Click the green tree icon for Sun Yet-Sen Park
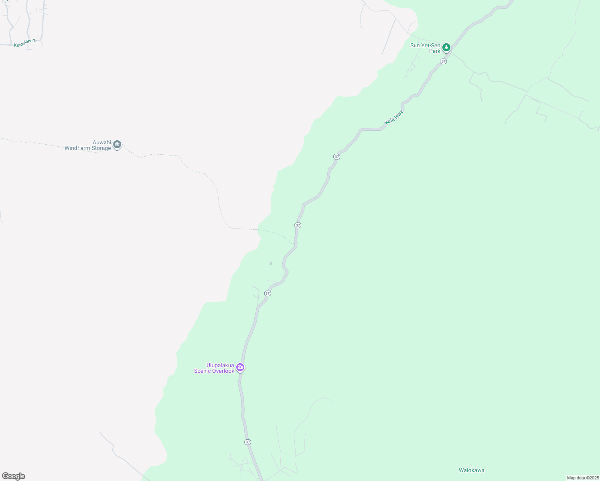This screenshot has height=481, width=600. (x=446, y=48)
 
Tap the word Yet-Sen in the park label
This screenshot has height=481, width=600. (x=431, y=45)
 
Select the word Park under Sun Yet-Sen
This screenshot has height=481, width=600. (x=434, y=51)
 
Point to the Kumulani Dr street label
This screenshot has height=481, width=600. (x=25, y=43)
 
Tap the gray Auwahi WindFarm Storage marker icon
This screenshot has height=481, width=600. (x=117, y=145)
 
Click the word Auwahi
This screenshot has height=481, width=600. (x=101, y=142)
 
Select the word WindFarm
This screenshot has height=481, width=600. (x=77, y=148)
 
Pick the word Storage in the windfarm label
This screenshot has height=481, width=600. (x=101, y=148)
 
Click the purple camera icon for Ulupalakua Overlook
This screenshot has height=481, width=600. (x=240, y=367)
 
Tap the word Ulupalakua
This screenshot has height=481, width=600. (x=220, y=365)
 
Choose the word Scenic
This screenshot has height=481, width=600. (x=203, y=371)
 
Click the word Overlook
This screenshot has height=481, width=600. (x=223, y=371)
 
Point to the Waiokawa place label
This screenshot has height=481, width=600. (x=471, y=470)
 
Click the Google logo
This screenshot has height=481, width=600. (x=13, y=476)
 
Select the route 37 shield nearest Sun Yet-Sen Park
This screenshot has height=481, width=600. (x=443, y=61)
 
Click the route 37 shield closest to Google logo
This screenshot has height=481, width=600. (x=247, y=442)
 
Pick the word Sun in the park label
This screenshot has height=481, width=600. (x=415, y=45)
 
